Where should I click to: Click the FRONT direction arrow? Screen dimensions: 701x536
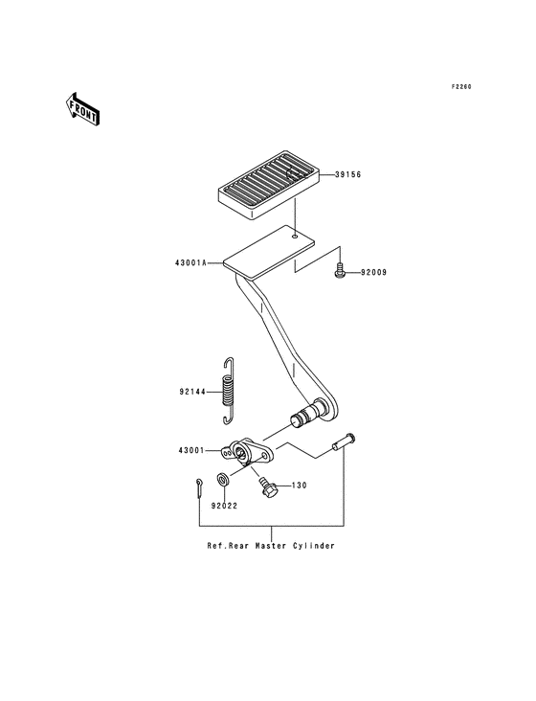[83, 108]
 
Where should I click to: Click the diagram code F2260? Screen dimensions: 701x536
[462, 87]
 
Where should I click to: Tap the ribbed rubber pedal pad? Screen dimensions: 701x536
[260, 183]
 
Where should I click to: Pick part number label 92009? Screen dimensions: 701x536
[373, 273]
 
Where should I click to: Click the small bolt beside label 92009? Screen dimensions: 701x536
[341, 272]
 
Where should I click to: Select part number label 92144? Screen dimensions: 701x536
[192, 391]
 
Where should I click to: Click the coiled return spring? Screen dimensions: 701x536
[228, 391]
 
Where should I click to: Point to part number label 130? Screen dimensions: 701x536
[299, 486]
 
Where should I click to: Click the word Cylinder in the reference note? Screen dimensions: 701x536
[310, 546]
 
